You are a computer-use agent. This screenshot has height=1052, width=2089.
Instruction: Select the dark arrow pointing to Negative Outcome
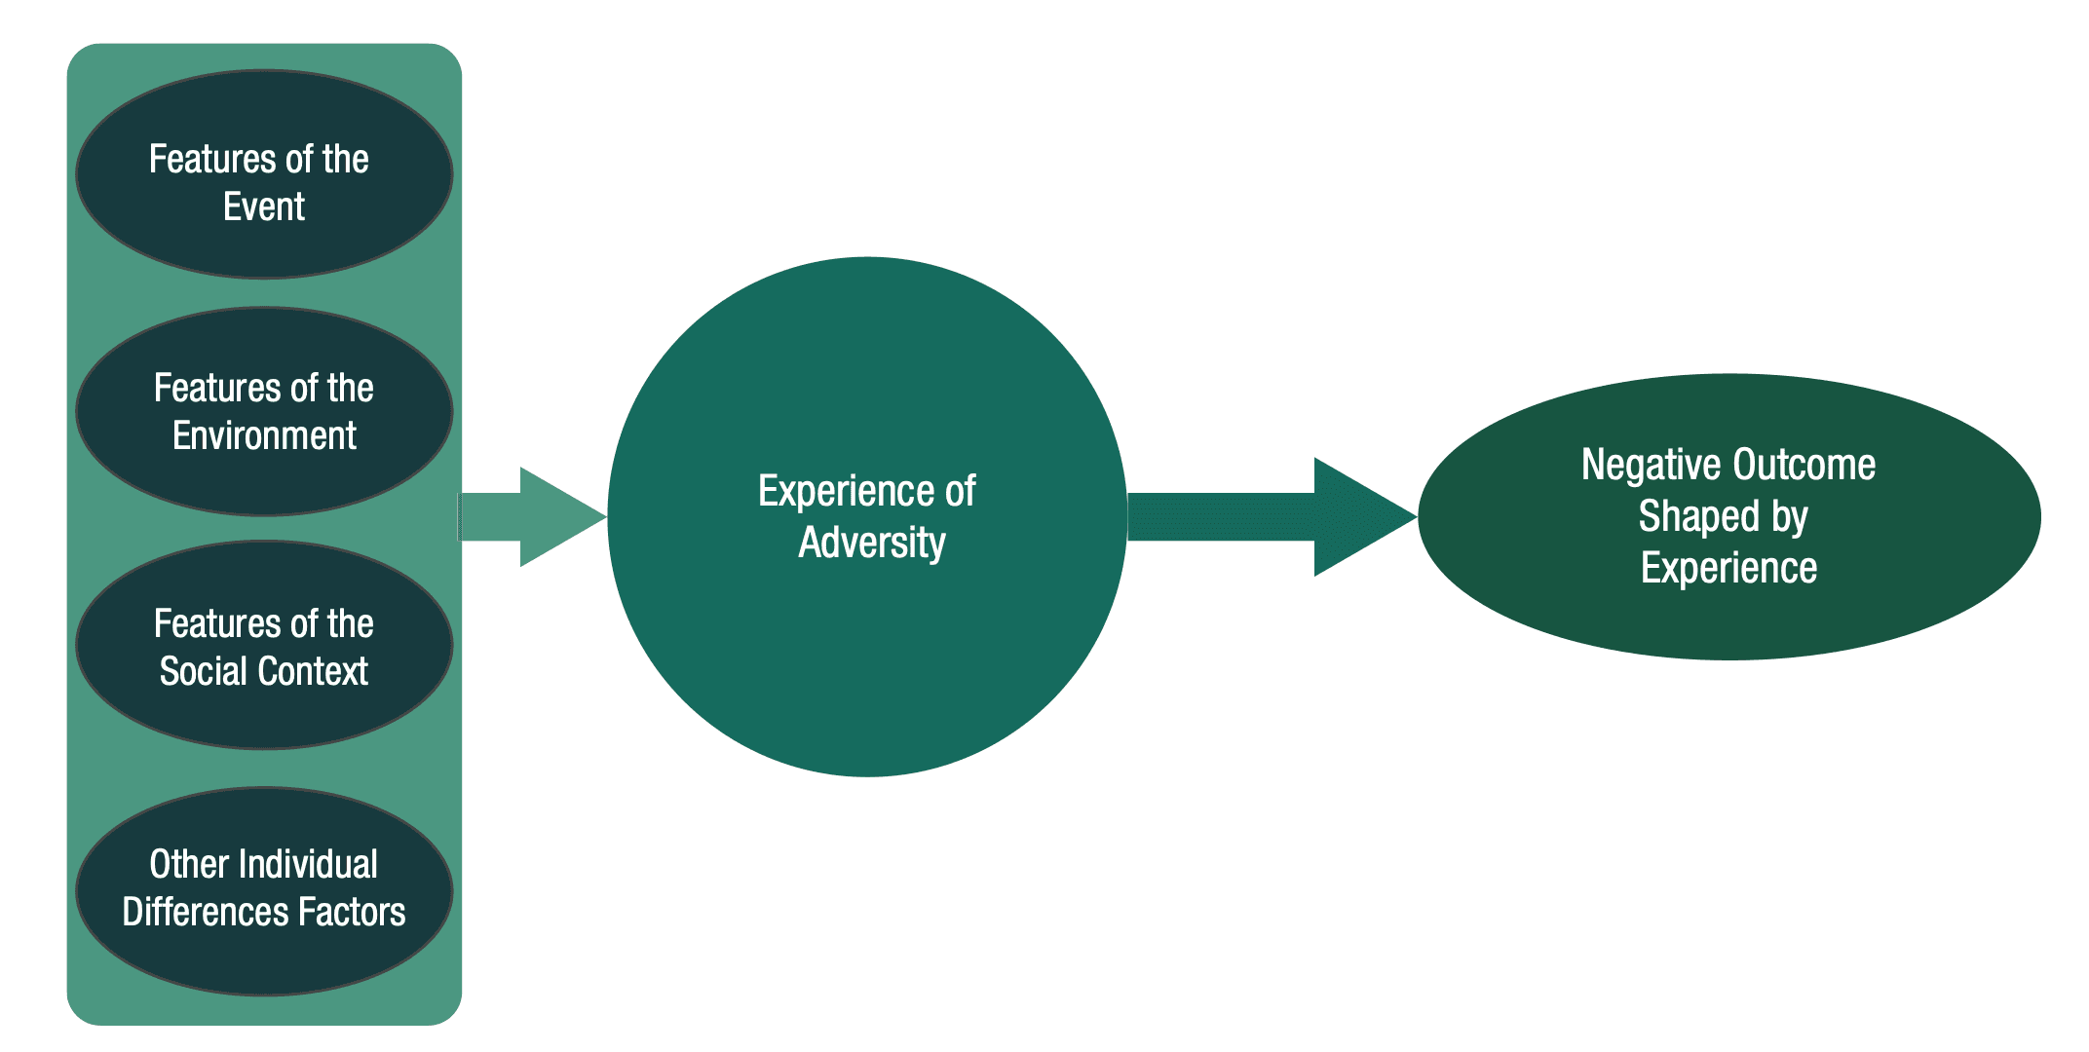[1267, 516]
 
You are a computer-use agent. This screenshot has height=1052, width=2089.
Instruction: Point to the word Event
[264, 207]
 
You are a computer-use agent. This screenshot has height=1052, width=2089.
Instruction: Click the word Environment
[264, 435]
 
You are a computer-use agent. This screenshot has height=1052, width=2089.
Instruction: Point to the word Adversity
[872, 543]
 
